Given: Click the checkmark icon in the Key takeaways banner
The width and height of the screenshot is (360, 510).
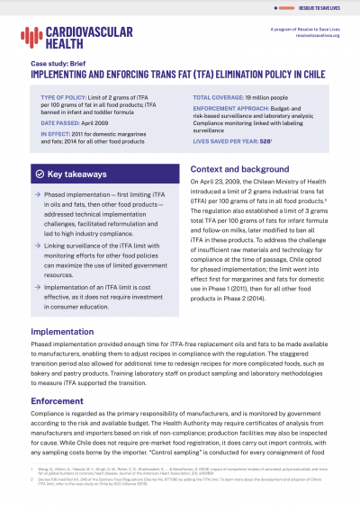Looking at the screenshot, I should click(x=39, y=172).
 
